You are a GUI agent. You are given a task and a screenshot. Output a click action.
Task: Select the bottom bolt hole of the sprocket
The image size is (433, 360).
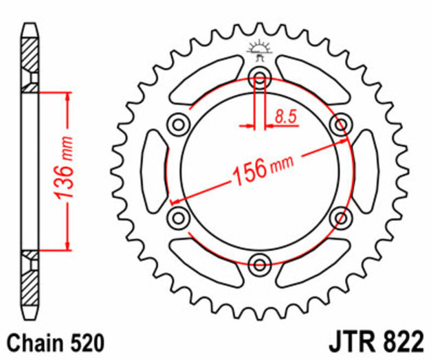(260, 265)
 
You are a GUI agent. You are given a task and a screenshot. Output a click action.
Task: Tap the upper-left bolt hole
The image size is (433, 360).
(179, 124)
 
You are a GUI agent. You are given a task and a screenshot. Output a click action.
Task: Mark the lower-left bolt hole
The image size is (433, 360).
(179, 218)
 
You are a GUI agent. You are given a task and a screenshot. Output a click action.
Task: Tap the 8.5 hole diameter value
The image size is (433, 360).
(285, 117)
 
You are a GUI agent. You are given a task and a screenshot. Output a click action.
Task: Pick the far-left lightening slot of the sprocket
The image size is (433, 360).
(153, 171)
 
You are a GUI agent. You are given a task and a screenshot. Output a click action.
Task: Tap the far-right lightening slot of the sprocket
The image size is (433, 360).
(366, 171)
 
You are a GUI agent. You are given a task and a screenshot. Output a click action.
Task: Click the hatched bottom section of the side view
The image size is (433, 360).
(30, 282)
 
